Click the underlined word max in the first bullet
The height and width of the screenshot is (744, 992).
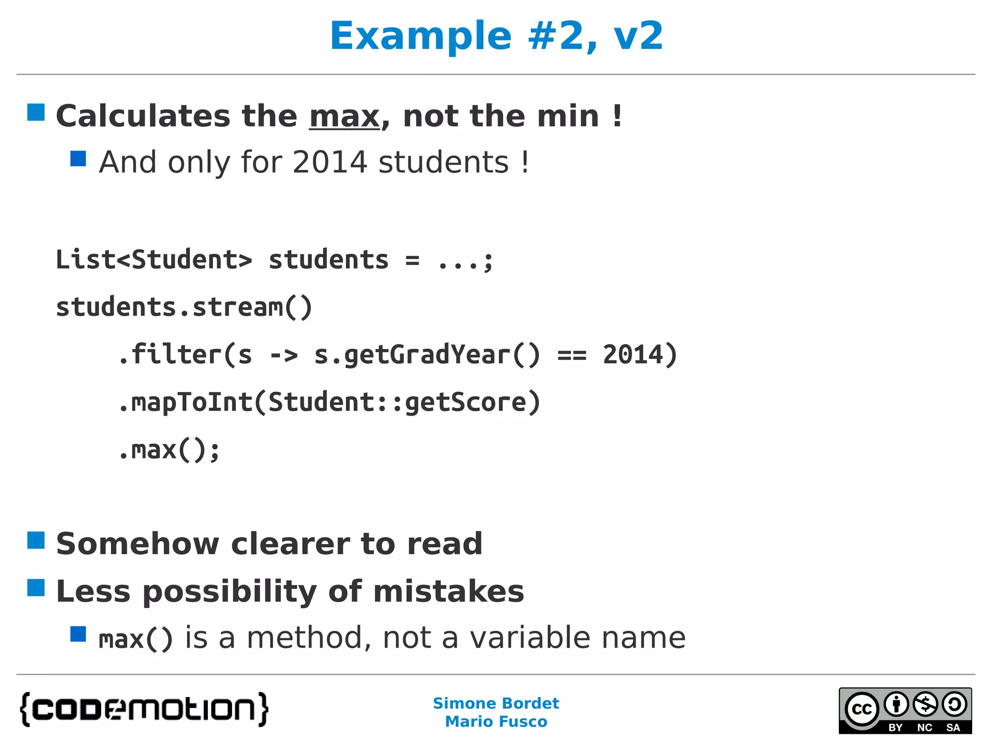click(344, 117)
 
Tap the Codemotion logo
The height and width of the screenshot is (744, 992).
click(144, 709)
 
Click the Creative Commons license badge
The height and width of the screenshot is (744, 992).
click(905, 711)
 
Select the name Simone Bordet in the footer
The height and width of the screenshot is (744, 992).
click(496, 703)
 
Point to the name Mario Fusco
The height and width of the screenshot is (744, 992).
click(496, 722)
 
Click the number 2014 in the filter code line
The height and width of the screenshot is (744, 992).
click(633, 355)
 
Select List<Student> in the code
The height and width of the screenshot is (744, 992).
click(154, 260)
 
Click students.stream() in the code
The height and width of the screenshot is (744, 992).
click(184, 307)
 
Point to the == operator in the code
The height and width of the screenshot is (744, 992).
click(572, 356)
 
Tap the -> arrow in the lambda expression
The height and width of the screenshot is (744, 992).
click(284, 356)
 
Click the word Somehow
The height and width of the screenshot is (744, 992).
click(138, 543)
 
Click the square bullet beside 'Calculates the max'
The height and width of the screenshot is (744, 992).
click(36, 112)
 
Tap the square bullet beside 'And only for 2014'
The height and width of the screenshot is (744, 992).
click(78, 158)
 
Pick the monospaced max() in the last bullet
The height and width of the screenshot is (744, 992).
click(136, 638)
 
